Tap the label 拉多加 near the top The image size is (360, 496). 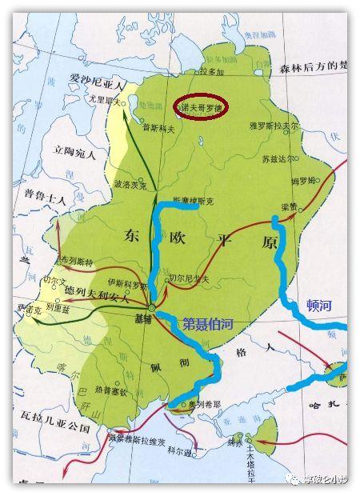(209, 73)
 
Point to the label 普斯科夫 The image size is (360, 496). (154, 126)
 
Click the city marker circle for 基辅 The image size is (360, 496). (150, 307)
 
